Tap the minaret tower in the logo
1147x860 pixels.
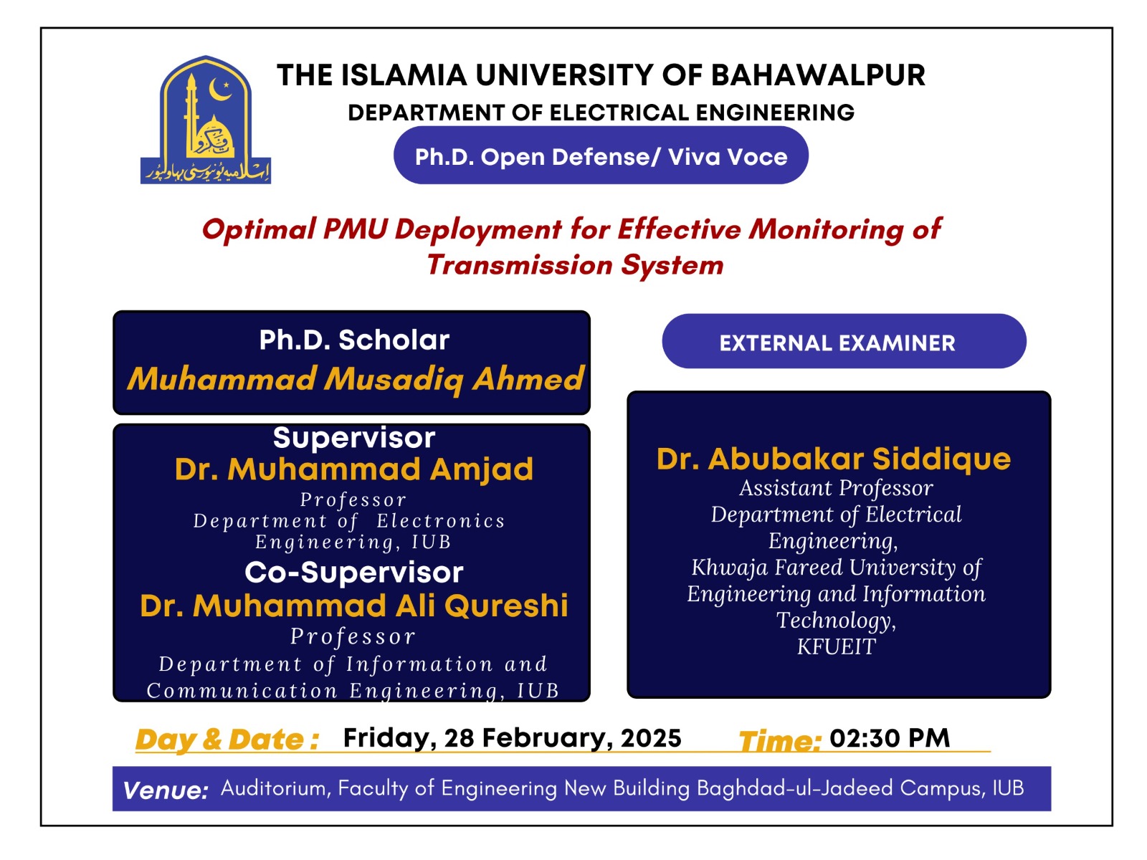pyautogui.click(x=191, y=115)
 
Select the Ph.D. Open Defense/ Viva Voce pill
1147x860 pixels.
pyautogui.click(x=601, y=156)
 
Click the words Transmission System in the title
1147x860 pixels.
pyautogui.click(x=575, y=265)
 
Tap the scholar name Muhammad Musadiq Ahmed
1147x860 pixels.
pyautogui.click(x=356, y=379)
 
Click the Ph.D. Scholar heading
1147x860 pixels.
pyautogui.click(x=354, y=340)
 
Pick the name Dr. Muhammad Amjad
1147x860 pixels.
pyautogui.click(x=354, y=469)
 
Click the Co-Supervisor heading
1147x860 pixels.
pyautogui.click(x=354, y=573)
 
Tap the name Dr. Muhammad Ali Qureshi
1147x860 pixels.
pyautogui.click(x=354, y=606)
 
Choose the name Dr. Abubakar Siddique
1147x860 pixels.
pyautogui.click(x=834, y=459)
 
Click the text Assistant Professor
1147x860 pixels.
pyautogui.click(x=836, y=488)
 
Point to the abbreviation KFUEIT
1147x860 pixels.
pyautogui.click(x=836, y=647)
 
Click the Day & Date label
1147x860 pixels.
pyautogui.click(x=227, y=740)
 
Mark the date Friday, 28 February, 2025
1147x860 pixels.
pyautogui.click(x=512, y=738)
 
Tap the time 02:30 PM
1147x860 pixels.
pyautogui.click(x=890, y=738)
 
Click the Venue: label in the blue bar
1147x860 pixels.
pyautogui.click(x=166, y=790)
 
